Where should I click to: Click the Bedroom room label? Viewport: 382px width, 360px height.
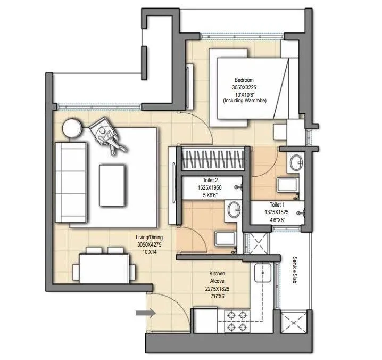pyautogui.click(x=243, y=80)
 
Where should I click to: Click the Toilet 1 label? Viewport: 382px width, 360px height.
pyautogui.click(x=277, y=204)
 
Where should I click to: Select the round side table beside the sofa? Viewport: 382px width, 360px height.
pyautogui.click(x=72, y=129)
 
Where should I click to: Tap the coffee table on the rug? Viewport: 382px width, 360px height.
pyautogui.click(x=113, y=184)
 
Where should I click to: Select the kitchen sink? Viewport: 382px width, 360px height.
pyautogui.click(x=262, y=274)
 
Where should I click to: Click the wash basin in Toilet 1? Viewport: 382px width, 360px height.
pyautogui.click(x=296, y=161)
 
